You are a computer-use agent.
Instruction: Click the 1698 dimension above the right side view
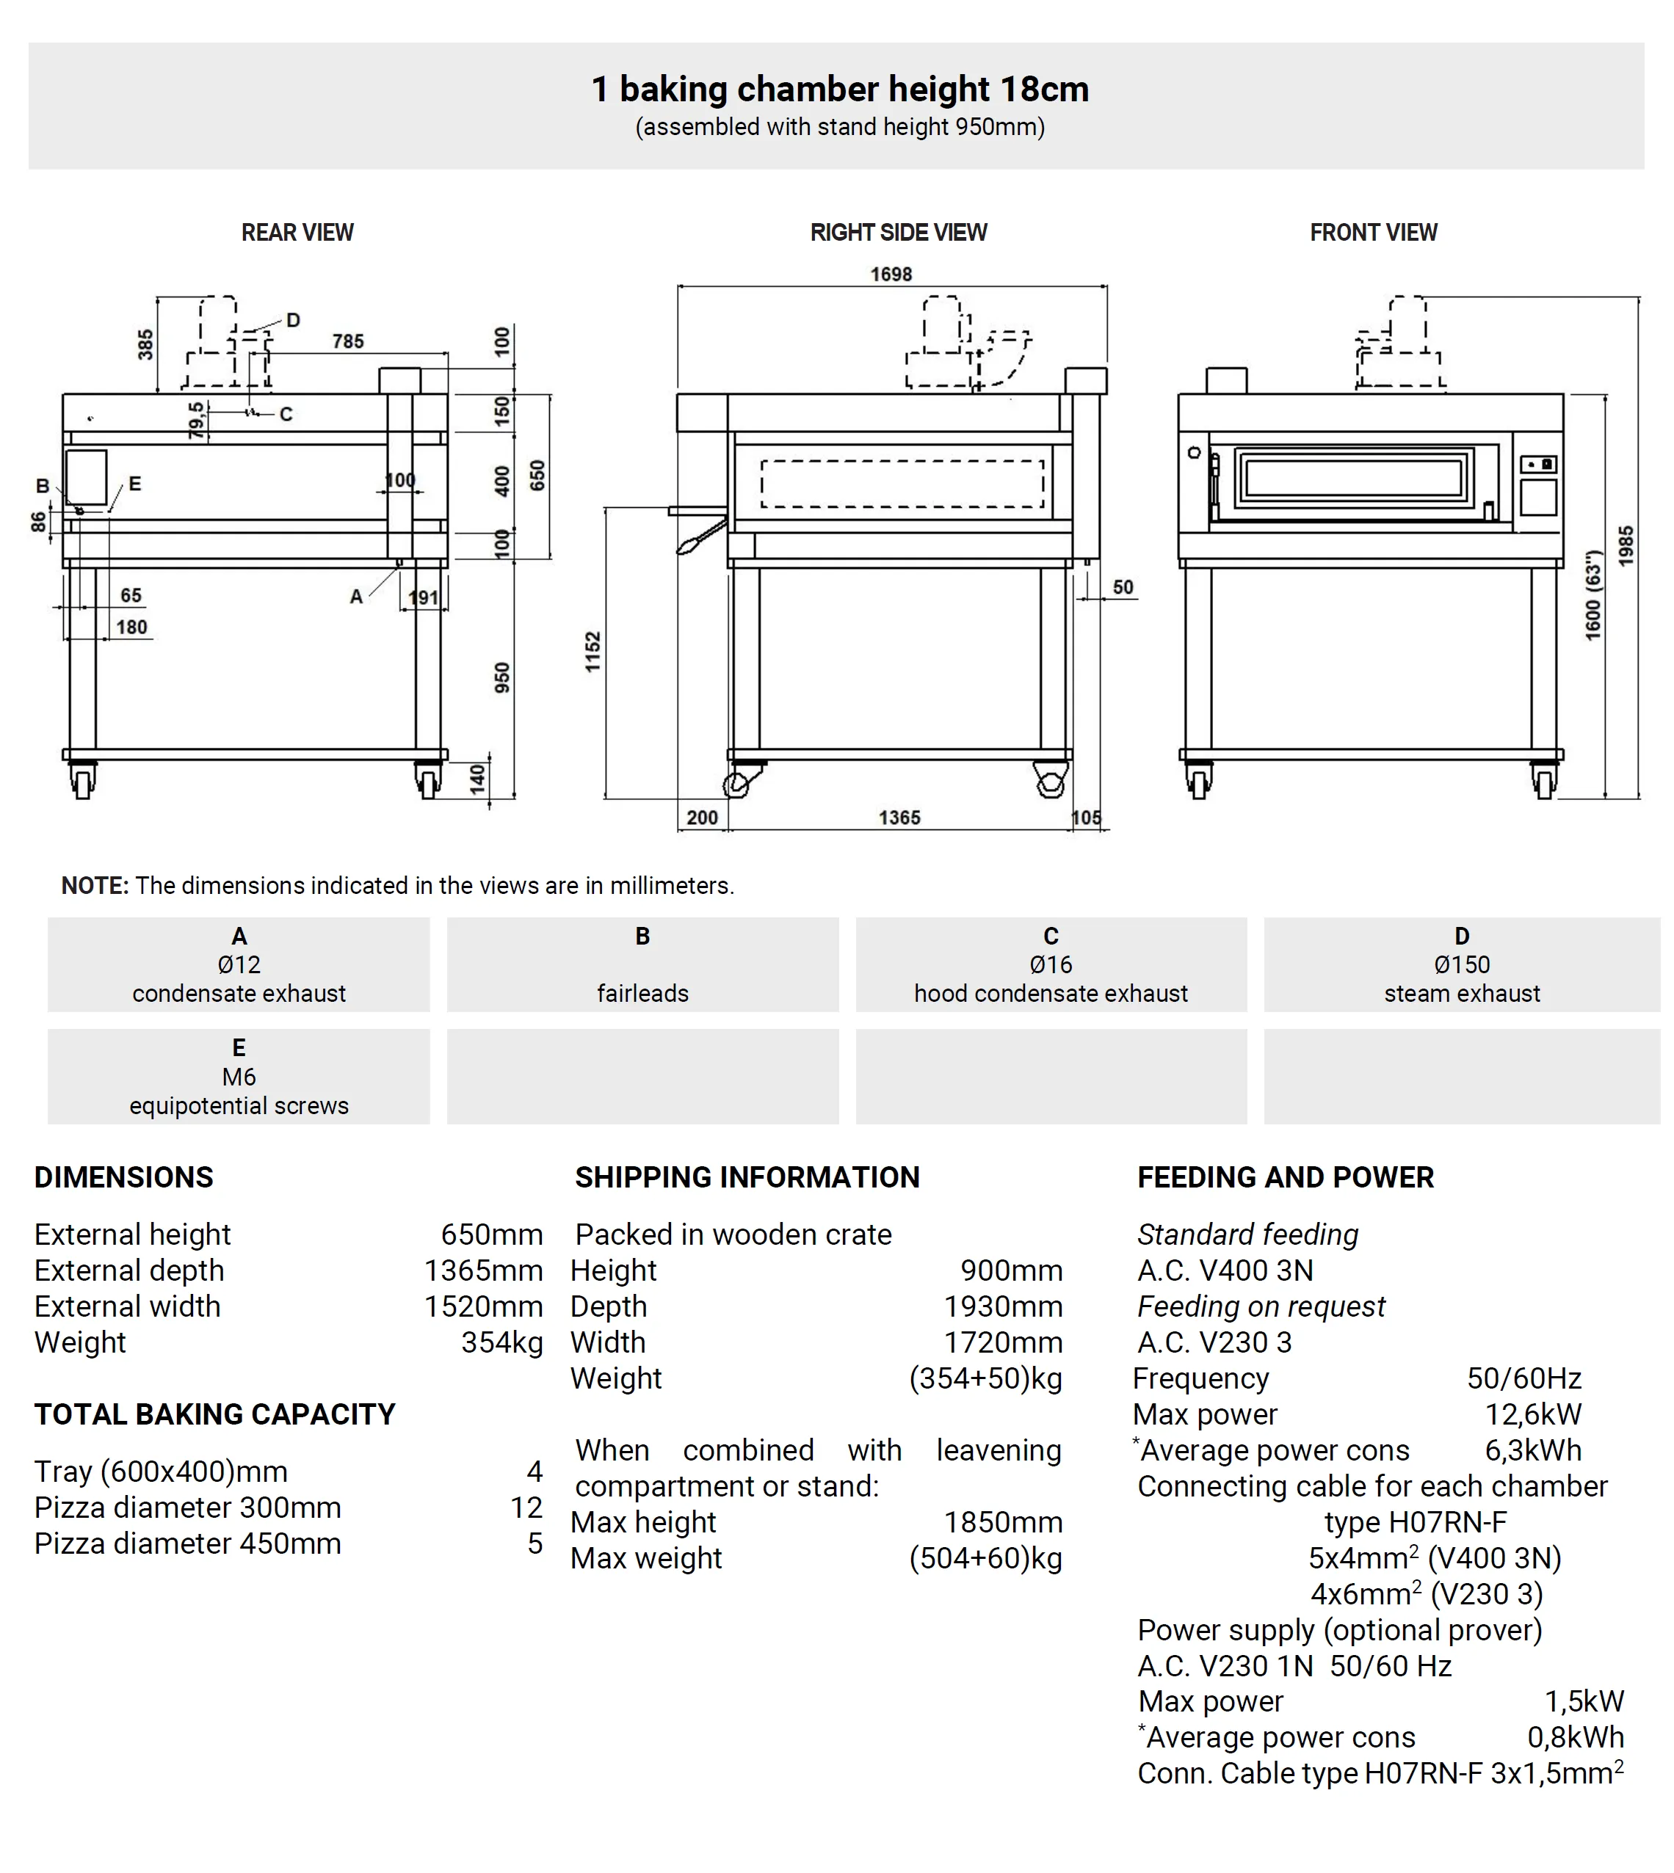[x=891, y=274]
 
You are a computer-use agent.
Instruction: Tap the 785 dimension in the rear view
[x=348, y=341]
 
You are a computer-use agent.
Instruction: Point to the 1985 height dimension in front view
[x=1626, y=545]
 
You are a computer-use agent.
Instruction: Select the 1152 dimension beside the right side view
[x=593, y=651]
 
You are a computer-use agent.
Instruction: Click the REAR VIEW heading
[x=297, y=233]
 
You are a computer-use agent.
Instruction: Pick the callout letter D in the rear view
[x=294, y=320]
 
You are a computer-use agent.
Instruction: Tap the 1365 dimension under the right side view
[x=899, y=818]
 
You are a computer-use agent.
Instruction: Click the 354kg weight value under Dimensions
[x=501, y=1342]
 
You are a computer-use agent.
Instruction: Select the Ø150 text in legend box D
[x=1462, y=964]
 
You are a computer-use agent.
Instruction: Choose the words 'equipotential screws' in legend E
[x=239, y=1105]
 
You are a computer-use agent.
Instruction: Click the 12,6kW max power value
[x=1532, y=1414]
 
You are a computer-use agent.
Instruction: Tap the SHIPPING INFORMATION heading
[x=747, y=1177]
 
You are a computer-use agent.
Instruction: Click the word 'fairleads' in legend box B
[x=642, y=993]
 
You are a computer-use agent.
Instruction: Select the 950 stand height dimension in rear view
[x=501, y=677]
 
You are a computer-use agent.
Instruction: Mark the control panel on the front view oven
[x=1538, y=484]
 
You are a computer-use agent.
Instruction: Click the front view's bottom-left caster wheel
[x=1197, y=782]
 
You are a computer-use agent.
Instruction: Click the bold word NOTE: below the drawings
[x=95, y=885]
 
